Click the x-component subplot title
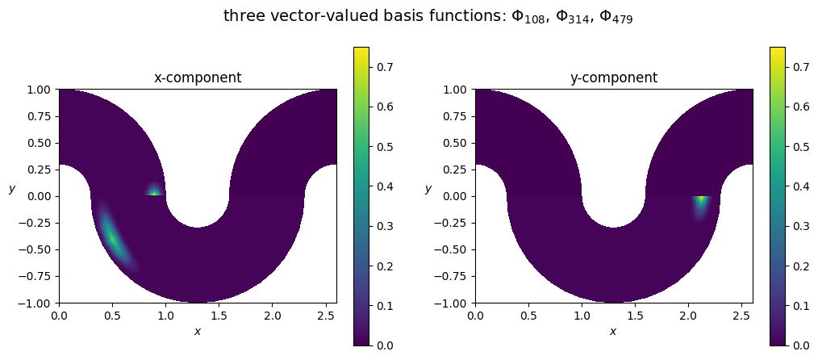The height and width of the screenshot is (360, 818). pyautogui.click(x=198, y=78)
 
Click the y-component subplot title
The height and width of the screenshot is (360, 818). pyautogui.click(x=614, y=78)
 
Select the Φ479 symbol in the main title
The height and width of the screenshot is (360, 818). pyautogui.click(x=615, y=17)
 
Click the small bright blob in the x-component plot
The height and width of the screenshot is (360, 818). pyautogui.click(x=154, y=191)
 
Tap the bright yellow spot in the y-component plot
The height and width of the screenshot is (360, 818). pyautogui.click(x=702, y=199)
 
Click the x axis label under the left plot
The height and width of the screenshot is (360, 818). pyautogui.click(x=198, y=331)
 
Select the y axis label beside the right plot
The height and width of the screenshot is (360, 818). pyautogui.click(x=428, y=189)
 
